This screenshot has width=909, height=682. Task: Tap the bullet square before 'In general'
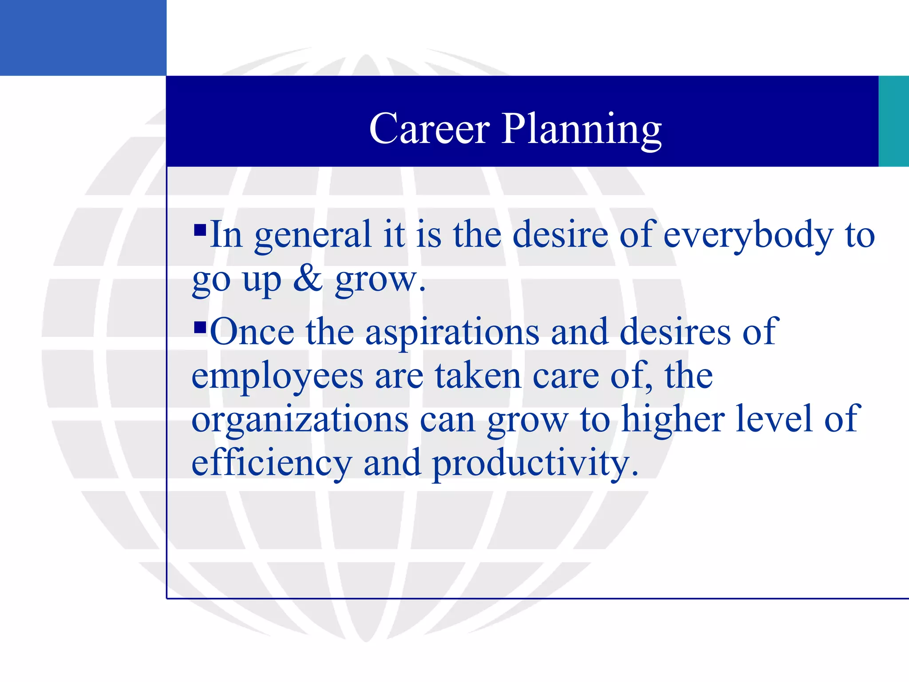point(200,230)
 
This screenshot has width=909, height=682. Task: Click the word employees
point(277,377)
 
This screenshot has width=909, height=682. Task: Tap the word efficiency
point(272,463)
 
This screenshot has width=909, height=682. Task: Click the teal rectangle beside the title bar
point(893,121)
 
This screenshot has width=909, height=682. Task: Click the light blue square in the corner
point(83,38)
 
